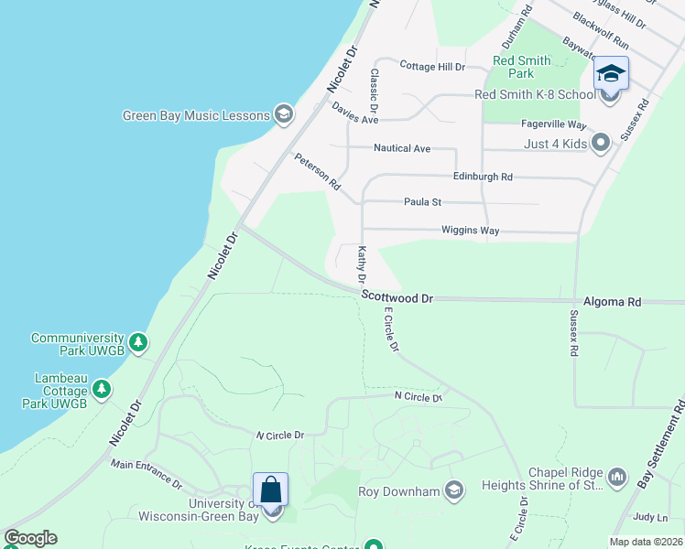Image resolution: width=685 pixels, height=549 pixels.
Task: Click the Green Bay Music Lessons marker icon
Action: pyautogui.click(x=284, y=114)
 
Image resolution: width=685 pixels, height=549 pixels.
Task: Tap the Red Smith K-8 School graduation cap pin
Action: pyautogui.click(x=611, y=73)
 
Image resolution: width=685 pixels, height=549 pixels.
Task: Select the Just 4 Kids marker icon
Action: pyautogui.click(x=601, y=142)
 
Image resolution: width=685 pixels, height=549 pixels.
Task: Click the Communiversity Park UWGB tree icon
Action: pyautogui.click(x=138, y=343)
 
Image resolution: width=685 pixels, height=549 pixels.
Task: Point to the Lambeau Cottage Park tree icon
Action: pyautogui.click(x=102, y=390)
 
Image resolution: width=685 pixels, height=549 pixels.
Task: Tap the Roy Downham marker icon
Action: pyautogui.click(x=452, y=491)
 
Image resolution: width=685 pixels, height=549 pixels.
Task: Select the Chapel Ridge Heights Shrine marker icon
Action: pyautogui.click(x=617, y=477)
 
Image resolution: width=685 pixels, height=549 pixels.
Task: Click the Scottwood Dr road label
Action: pyautogui.click(x=397, y=297)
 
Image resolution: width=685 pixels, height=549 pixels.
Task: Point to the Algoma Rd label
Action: pyautogui.click(x=613, y=301)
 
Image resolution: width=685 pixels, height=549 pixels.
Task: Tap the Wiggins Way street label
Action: pyautogui.click(x=470, y=231)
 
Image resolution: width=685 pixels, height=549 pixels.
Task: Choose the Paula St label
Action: pyautogui.click(x=423, y=202)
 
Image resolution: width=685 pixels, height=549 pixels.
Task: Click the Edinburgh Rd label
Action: pyautogui.click(x=483, y=177)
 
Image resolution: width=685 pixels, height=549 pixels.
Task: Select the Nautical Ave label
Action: pyautogui.click(x=401, y=148)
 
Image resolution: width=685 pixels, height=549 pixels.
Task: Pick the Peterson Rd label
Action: pyautogui.click(x=317, y=171)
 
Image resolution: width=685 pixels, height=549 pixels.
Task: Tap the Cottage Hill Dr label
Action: pyautogui.click(x=433, y=66)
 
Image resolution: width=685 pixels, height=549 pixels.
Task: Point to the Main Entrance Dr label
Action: pyautogui.click(x=147, y=474)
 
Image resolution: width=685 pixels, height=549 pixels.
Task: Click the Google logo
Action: pyautogui.click(x=30, y=538)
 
